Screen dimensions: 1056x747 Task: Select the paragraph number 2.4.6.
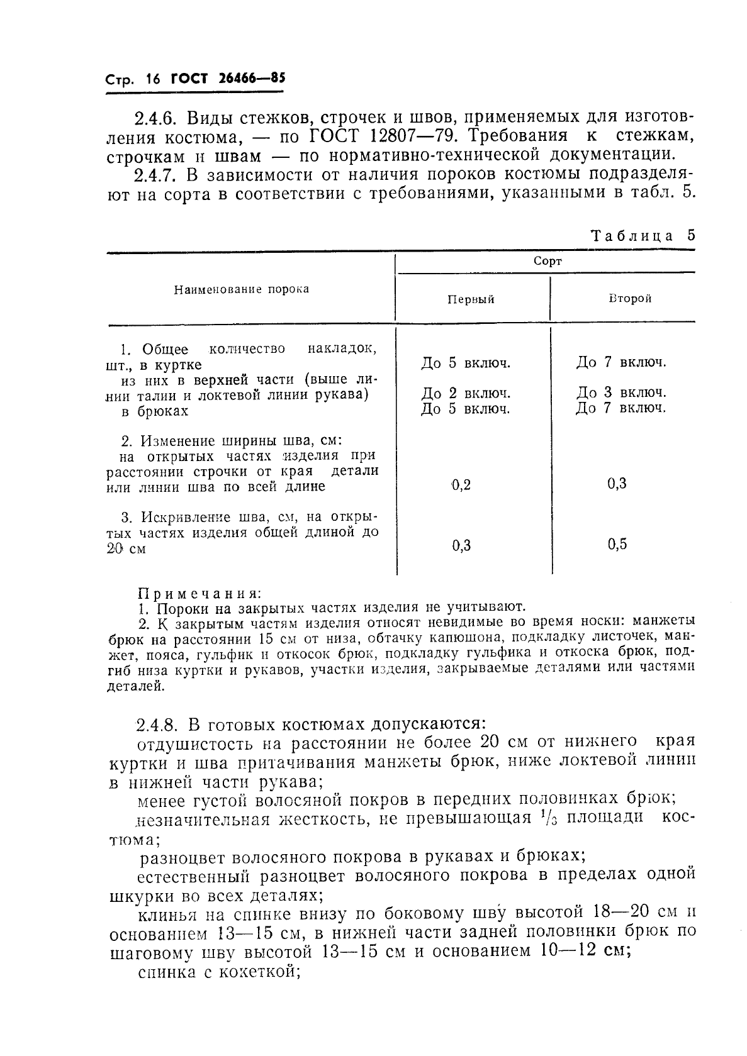coord(157,118)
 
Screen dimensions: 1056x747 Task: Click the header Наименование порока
coord(242,289)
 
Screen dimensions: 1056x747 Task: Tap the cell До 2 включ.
coord(465,394)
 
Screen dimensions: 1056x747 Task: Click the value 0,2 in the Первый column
coord(461,485)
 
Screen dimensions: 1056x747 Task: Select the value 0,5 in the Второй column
coord(617,545)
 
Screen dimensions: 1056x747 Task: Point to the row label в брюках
coord(155,411)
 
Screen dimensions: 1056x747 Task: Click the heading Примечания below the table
coord(199,593)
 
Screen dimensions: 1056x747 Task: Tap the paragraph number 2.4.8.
coord(157,724)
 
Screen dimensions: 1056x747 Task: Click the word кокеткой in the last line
coord(258,972)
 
